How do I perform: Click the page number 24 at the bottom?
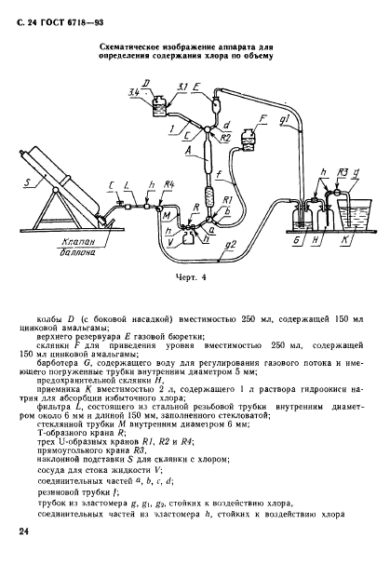click(23, 531)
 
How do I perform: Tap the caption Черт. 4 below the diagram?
click(193, 276)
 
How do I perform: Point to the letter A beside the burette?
click(192, 150)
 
